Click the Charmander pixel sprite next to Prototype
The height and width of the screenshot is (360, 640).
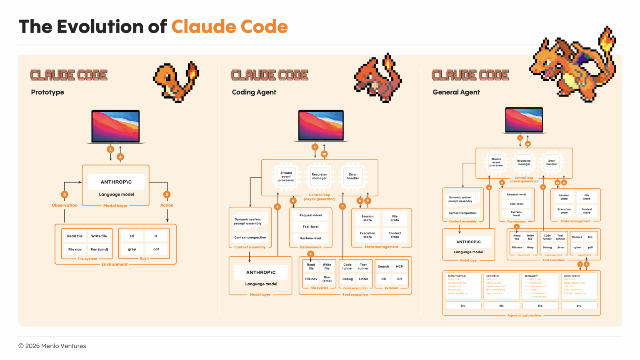tap(176, 81)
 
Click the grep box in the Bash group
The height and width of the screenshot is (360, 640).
tap(132, 249)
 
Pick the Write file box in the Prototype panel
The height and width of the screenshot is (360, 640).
tap(99, 236)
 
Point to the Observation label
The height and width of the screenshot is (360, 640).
tap(65, 205)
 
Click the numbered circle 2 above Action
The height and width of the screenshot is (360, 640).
tap(167, 195)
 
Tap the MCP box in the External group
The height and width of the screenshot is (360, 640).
tap(399, 266)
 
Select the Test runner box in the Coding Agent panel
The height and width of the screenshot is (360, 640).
tap(363, 266)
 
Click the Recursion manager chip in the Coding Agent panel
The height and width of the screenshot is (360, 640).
tap(320, 176)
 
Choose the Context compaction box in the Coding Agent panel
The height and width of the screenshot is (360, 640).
tap(250, 237)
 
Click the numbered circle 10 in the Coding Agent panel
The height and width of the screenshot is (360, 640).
tap(324, 154)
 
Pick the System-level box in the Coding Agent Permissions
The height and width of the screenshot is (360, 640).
tap(311, 238)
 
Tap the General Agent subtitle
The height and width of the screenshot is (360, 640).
tap(456, 92)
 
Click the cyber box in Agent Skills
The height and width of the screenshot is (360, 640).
tap(577, 247)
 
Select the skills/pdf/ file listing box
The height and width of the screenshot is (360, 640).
tap(540, 286)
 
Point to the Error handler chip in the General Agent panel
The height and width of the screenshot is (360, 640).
tap(552, 162)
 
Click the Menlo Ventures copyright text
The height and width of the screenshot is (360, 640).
tap(52, 346)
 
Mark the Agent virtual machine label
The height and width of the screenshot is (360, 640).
tap(524, 315)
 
